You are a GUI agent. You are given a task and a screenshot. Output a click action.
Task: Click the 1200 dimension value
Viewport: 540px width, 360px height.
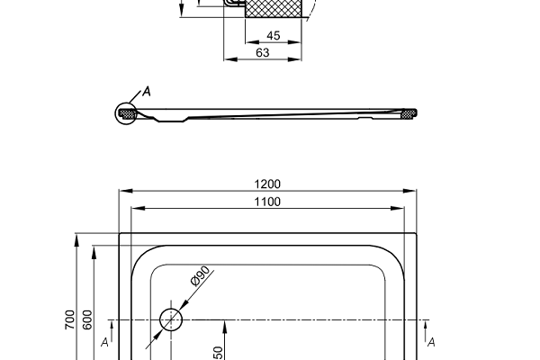pos(267,184)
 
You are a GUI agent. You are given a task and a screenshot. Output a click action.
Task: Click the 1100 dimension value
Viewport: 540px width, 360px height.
pos(267,202)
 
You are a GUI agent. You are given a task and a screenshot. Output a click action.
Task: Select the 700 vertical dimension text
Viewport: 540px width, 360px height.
pos(69,319)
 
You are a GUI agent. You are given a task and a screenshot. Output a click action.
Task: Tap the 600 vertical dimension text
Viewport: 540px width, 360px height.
pos(86,319)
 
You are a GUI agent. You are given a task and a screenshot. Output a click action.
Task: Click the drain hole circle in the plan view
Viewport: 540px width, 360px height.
pos(171,319)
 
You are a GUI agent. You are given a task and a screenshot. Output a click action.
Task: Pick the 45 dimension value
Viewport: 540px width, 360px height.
pos(274,36)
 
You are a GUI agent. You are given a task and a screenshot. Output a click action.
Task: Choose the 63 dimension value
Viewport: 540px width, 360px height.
pos(263,52)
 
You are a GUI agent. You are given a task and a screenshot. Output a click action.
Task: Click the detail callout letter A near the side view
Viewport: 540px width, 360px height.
pos(147,92)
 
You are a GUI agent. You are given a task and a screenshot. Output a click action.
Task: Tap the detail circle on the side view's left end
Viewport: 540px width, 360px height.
pos(126,114)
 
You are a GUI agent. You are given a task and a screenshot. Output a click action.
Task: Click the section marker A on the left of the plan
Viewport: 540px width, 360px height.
pos(105,342)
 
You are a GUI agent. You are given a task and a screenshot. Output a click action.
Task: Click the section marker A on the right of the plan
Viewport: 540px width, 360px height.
pos(432,342)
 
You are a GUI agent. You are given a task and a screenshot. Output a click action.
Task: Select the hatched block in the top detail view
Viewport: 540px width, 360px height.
pos(274,10)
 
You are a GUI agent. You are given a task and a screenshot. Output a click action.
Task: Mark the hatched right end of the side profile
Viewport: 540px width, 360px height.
pos(408,113)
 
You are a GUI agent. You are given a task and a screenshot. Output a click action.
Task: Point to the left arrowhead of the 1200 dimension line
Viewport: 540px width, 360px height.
pos(123,191)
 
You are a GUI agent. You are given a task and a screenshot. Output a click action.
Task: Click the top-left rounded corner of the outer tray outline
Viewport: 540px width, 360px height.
pos(121,235)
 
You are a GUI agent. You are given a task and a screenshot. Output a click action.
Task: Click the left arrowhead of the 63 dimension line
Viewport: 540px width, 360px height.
pos(227,59)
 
